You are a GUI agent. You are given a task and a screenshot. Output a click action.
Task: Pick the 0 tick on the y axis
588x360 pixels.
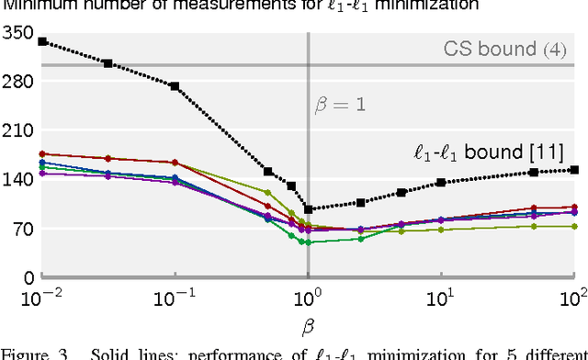pyautogui.click(x=28, y=277)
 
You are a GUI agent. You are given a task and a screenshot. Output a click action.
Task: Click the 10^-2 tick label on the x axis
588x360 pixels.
pyautogui.click(x=41, y=298)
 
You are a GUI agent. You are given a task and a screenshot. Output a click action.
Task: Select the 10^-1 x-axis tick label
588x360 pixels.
pyautogui.click(x=174, y=298)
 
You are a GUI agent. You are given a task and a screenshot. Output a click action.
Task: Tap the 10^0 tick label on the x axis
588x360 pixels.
pyautogui.click(x=309, y=298)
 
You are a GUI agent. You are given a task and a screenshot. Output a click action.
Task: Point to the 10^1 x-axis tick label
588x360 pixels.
pyautogui.click(x=442, y=298)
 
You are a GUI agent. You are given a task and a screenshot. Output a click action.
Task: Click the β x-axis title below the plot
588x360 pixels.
pyautogui.click(x=308, y=326)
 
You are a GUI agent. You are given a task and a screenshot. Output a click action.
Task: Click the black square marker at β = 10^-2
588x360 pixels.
pyautogui.click(x=42, y=41)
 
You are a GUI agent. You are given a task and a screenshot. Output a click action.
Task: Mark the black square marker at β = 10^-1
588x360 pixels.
pyautogui.click(x=175, y=86)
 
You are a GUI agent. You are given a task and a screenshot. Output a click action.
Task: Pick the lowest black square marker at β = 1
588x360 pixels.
pyautogui.click(x=308, y=209)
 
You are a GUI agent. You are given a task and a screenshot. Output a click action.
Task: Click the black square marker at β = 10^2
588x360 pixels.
pyautogui.click(x=574, y=169)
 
